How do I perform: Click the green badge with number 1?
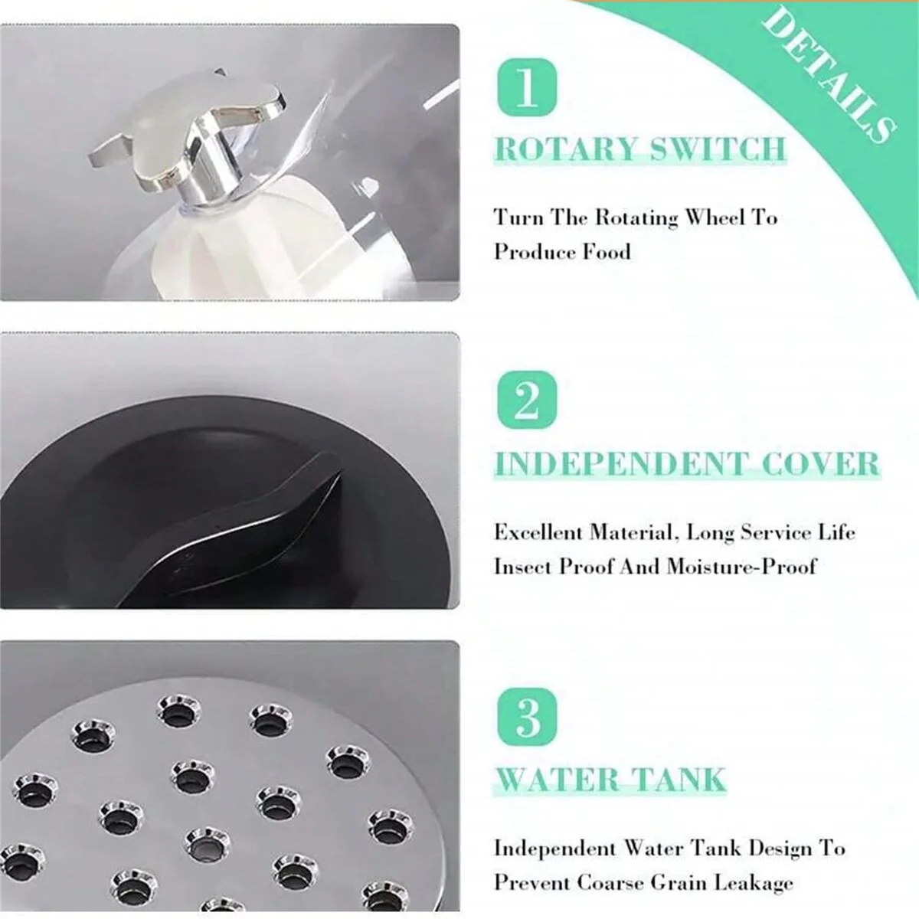(527, 87)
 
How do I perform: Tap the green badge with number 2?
(527, 400)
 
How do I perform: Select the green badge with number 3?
(527, 717)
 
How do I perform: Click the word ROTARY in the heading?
(566, 149)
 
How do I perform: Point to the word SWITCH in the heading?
(718, 149)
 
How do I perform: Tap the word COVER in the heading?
(821, 463)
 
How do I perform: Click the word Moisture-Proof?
(741, 567)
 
